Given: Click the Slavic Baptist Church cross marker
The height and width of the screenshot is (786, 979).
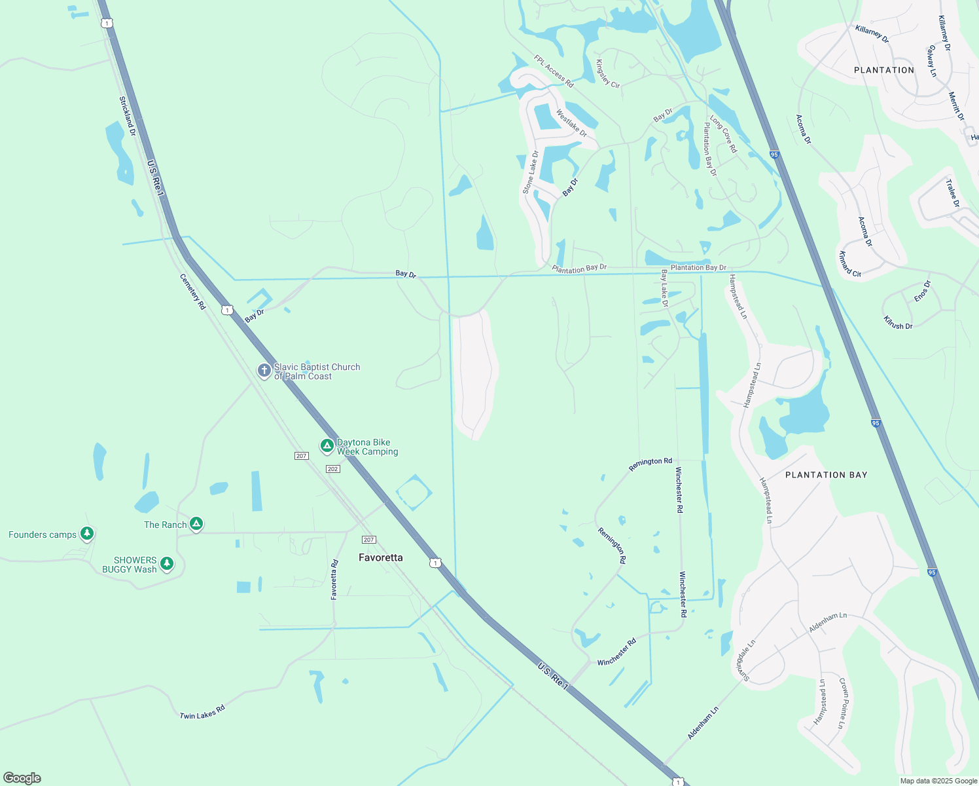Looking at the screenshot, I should (x=264, y=371).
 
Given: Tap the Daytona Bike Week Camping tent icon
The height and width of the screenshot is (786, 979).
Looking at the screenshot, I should (x=327, y=446).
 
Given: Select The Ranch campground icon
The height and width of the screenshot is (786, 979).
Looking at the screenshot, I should (x=196, y=524).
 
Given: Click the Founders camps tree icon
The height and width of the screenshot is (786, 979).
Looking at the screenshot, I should (x=86, y=534).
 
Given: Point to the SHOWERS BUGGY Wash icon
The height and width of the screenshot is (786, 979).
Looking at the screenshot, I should (x=167, y=563).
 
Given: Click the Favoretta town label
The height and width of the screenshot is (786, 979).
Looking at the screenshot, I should (x=381, y=557).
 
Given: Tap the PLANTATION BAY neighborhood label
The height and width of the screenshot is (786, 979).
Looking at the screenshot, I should (x=826, y=475).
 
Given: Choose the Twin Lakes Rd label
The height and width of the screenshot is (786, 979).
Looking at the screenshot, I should (x=202, y=712).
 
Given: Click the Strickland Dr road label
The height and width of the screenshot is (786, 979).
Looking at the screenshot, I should (x=127, y=116).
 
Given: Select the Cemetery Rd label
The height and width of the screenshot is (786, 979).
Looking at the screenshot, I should (x=192, y=291).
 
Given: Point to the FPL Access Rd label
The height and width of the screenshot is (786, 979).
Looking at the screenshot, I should (x=554, y=71).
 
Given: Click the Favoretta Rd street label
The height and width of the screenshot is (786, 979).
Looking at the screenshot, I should (x=334, y=580).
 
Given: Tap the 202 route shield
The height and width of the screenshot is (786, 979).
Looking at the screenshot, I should (x=332, y=469).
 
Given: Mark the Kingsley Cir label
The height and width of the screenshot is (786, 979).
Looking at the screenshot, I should (x=607, y=73).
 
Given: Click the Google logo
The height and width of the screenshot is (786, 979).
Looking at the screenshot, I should (x=22, y=778).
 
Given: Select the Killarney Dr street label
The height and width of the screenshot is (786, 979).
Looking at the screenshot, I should (x=872, y=33).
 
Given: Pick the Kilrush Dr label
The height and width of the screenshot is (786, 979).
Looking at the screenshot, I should (x=898, y=322).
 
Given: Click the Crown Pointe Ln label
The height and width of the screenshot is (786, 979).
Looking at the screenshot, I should (x=844, y=703).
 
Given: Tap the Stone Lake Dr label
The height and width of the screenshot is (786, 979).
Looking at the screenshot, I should (x=530, y=172).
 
